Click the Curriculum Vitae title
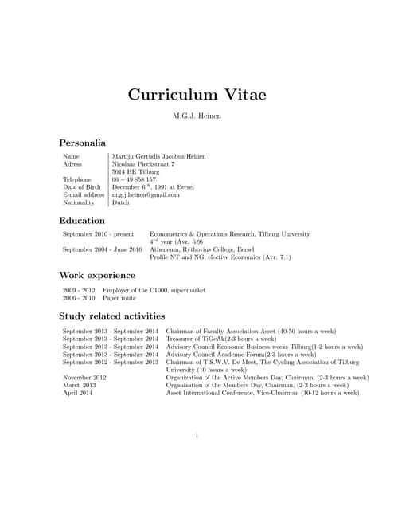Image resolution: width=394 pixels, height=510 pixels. pos(197,94)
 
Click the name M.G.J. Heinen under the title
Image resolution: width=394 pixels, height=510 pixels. pos(197,117)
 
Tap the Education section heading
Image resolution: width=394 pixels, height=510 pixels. pos(81,220)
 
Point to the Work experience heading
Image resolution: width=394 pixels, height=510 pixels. pos(97,275)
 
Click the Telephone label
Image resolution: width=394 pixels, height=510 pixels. pos(77,180)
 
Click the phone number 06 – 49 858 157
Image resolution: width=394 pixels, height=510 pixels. pos(134,180)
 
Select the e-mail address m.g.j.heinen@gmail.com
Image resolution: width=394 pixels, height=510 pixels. pos(146,195)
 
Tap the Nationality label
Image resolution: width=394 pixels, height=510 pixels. pos(79,203)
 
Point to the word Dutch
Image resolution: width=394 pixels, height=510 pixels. pos(120,203)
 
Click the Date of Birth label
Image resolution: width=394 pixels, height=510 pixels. pos(82,187)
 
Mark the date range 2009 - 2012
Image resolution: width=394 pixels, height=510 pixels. pos(79,290)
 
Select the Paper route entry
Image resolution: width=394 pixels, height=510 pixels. pos(119,298)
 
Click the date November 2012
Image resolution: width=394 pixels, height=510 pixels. pos(84,378)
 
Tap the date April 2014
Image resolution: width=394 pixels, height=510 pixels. pos(77,393)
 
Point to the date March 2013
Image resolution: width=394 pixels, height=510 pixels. pos(79,385)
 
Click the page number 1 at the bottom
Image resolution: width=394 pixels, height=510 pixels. pos(197,435)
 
